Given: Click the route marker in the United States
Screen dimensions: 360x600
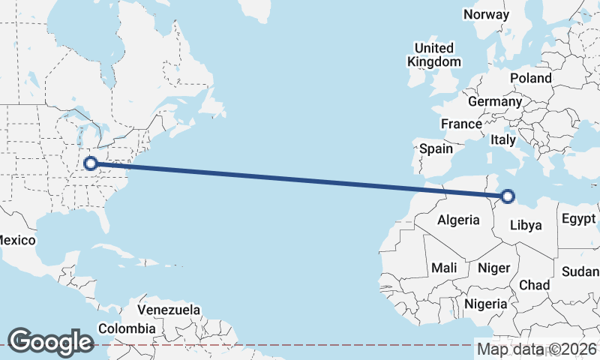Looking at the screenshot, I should click(x=91, y=163).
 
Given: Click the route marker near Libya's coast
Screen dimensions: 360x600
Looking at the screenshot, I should click(x=508, y=196).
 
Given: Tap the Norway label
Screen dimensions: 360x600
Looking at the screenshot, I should click(x=486, y=14).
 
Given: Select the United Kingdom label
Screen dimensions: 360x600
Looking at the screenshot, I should click(x=434, y=55).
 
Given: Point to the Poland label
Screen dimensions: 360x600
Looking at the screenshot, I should click(x=530, y=78).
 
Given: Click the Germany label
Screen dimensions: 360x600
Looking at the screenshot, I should click(x=494, y=101).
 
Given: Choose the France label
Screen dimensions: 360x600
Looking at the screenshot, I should click(x=461, y=124).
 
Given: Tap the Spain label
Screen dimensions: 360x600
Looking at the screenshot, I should click(x=436, y=148).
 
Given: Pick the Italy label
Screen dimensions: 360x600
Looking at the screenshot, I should click(x=503, y=139).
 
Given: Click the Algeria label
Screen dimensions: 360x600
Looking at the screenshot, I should click(x=458, y=220).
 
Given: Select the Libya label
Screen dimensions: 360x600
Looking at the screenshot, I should click(x=525, y=225).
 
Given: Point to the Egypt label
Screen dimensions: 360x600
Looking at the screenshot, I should click(x=578, y=220).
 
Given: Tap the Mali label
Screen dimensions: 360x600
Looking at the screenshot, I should click(x=444, y=268).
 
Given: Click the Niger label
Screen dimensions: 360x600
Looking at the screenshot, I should click(x=493, y=268).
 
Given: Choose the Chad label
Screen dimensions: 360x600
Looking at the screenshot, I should click(x=534, y=285).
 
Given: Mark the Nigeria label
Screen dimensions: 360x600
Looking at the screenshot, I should click(x=486, y=304).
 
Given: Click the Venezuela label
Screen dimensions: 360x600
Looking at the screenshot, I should click(x=169, y=310).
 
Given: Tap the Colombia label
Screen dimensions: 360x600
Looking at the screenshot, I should click(x=127, y=328).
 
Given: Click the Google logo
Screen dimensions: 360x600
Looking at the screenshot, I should click(x=50, y=341).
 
